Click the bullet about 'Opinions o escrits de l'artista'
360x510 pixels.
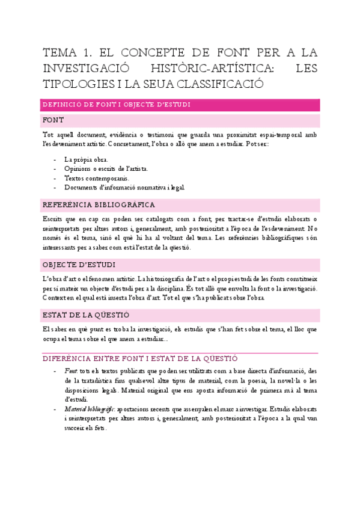106,169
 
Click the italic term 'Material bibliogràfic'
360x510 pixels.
88,409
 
